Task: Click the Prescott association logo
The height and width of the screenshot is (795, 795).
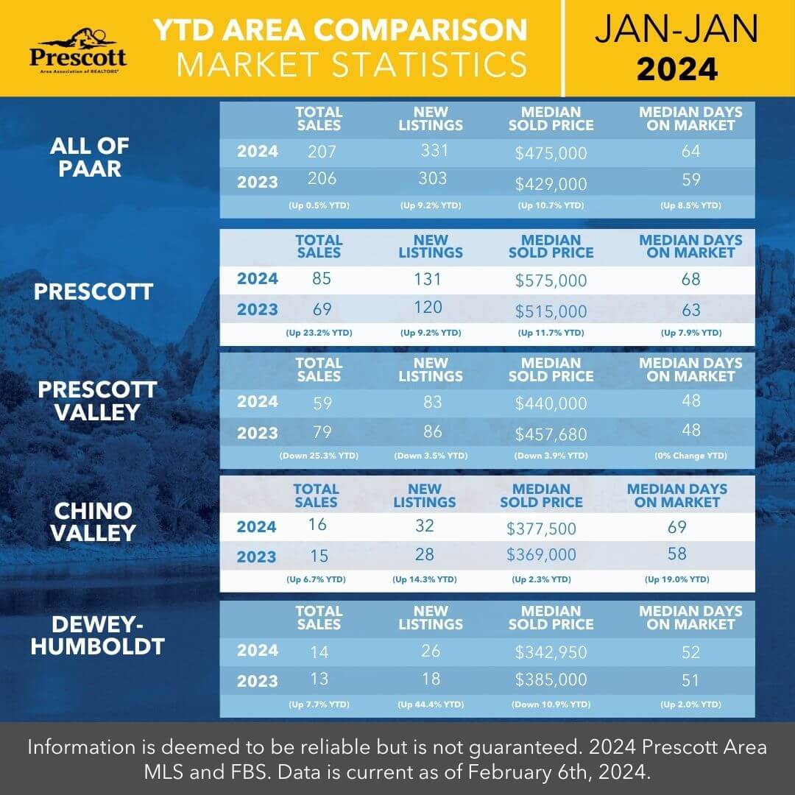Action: click(77, 49)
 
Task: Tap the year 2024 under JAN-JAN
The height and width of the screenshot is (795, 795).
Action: click(676, 69)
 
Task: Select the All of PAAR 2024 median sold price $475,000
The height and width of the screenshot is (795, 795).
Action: click(551, 153)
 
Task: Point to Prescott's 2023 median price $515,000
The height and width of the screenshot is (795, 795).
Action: click(551, 311)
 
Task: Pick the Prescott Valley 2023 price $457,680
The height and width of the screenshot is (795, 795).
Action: click(551, 434)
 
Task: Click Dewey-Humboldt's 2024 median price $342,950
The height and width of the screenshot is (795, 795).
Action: click(551, 652)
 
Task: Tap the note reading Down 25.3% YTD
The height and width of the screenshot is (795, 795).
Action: click(319, 456)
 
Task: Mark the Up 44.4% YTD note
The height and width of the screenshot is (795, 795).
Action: click(431, 705)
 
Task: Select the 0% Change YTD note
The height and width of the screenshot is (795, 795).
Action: click(690, 456)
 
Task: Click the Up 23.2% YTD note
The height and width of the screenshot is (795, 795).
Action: click(319, 333)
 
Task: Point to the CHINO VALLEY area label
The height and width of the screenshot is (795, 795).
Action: click(93, 521)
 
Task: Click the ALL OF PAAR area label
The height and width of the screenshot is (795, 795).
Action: click(89, 156)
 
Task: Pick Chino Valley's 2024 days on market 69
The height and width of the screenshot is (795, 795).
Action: click(676, 528)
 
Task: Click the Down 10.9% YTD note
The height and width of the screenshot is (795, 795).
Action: click(551, 705)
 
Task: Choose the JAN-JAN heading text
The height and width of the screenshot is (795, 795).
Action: click(676, 29)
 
